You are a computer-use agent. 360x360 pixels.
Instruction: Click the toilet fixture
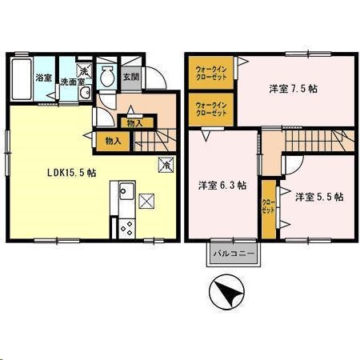click(x=107, y=77)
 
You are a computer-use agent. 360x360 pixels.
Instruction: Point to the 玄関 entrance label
click(x=130, y=76)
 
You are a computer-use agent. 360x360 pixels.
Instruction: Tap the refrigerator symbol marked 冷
click(x=166, y=167)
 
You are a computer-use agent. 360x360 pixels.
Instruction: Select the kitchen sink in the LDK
click(x=126, y=192)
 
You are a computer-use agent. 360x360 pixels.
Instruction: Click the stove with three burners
click(x=126, y=226)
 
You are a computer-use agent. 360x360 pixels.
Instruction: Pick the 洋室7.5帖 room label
click(x=292, y=88)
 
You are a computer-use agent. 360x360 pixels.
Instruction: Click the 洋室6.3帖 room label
click(x=222, y=185)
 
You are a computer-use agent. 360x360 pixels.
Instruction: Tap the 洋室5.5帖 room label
click(x=318, y=195)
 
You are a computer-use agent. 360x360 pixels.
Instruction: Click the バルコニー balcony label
click(x=234, y=254)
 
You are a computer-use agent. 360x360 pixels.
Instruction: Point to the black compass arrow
click(x=227, y=292)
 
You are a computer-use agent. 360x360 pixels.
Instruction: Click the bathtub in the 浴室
click(x=22, y=79)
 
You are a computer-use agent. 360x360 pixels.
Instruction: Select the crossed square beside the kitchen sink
click(x=146, y=200)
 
